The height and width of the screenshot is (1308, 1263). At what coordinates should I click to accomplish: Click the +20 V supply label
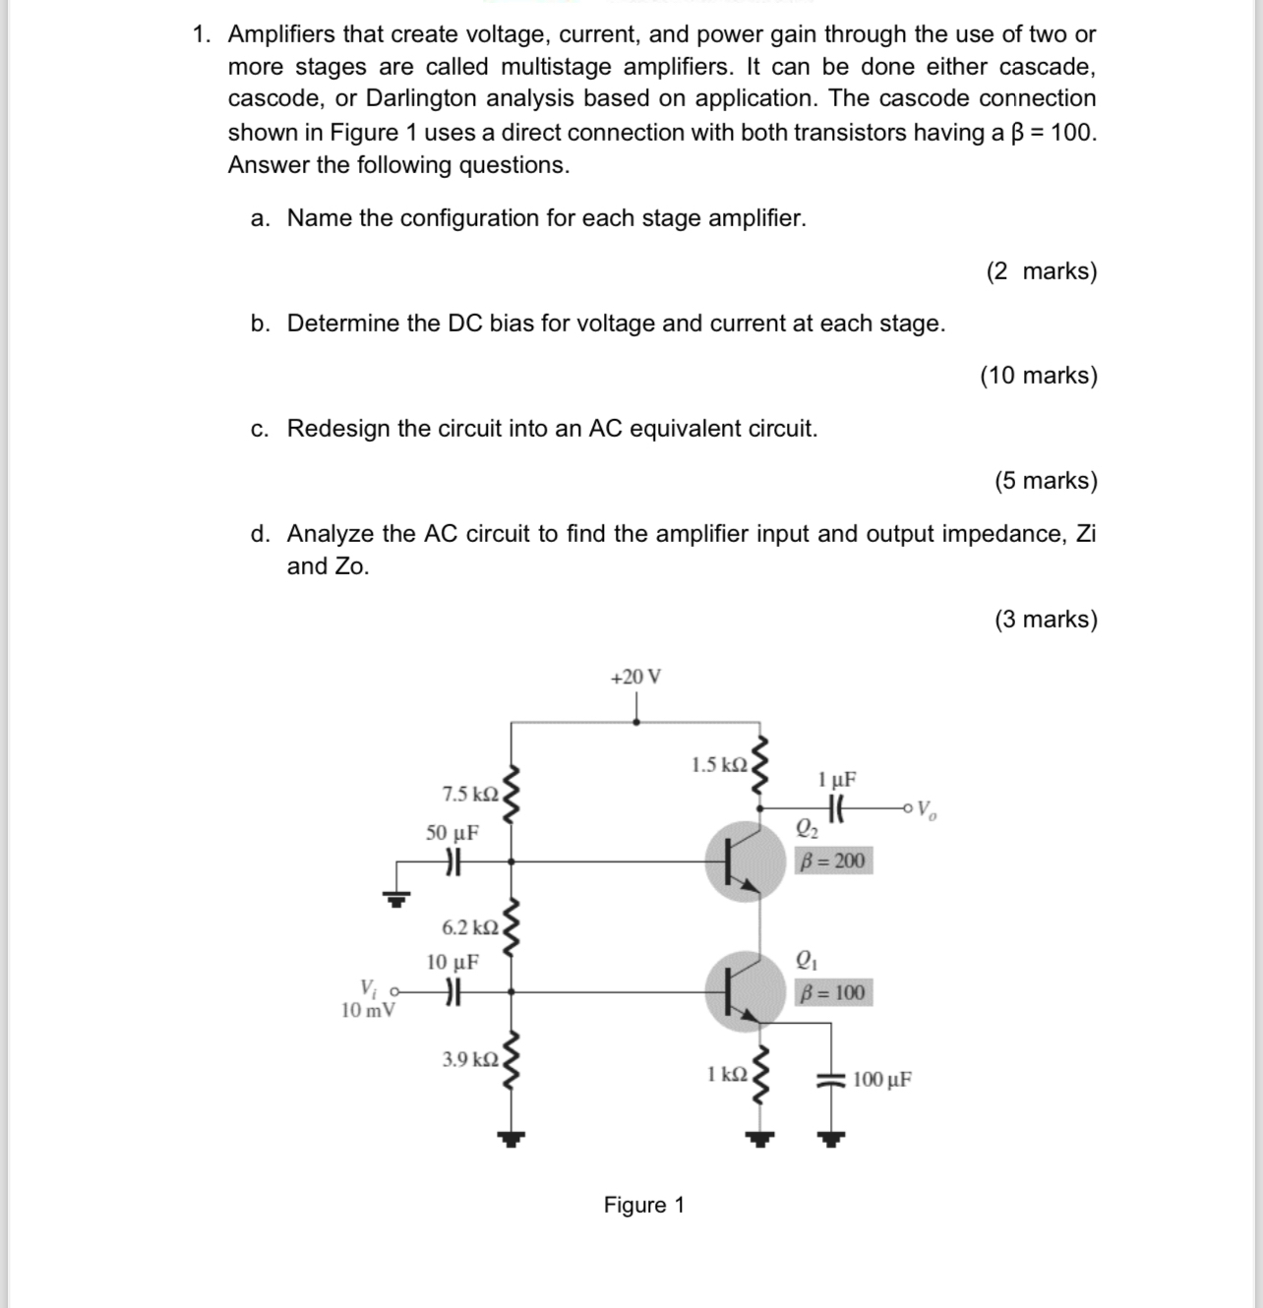click(635, 677)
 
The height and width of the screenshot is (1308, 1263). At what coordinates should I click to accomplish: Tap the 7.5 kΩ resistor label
click(471, 794)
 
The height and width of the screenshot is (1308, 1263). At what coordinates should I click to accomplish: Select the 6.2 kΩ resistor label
click(471, 927)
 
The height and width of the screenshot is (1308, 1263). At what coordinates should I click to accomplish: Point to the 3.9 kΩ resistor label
click(471, 1059)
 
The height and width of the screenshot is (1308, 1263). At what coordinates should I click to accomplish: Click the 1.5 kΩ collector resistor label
click(720, 765)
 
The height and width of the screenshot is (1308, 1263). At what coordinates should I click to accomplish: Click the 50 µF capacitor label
click(452, 833)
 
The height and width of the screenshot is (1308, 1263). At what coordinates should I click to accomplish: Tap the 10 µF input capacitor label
click(452, 962)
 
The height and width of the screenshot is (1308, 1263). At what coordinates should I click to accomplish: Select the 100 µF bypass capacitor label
click(882, 1079)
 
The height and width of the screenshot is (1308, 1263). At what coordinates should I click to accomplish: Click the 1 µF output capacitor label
click(837, 780)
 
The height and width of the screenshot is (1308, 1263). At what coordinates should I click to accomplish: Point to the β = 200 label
click(832, 862)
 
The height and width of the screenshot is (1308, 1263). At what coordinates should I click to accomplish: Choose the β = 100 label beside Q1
click(832, 992)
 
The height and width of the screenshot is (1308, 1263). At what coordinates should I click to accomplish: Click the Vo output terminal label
click(927, 811)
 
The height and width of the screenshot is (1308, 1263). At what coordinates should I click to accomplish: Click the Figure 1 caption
click(644, 1205)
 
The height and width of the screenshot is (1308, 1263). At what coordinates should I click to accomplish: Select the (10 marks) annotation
click(1039, 376)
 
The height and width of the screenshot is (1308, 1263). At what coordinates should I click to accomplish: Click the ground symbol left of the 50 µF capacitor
click(397, 896)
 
